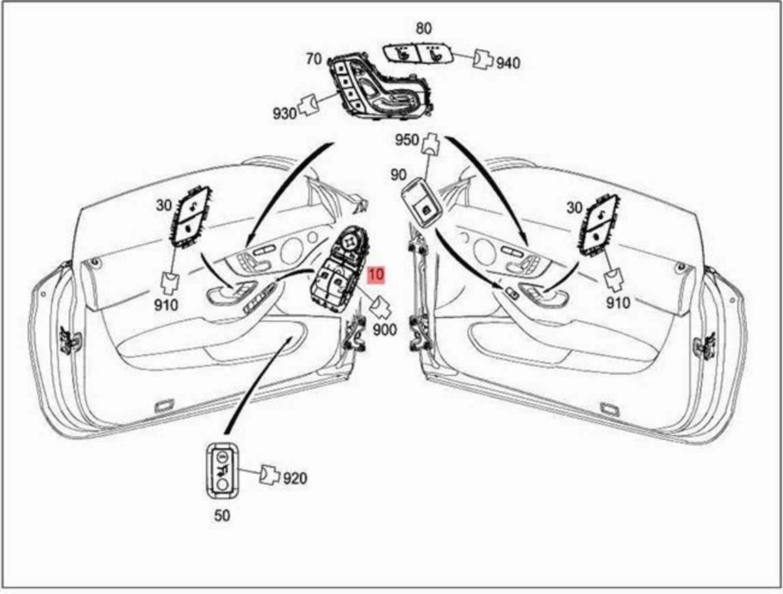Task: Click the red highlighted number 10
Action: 376,274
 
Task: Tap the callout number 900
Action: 385,330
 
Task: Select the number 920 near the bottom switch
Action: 295,479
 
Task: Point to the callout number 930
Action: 284,114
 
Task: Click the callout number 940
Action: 508,63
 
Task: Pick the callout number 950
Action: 407,140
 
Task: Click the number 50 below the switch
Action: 222,515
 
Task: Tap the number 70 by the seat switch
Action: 314,59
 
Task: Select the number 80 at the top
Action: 424,29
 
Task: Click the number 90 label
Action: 398,175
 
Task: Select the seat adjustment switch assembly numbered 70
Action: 379,89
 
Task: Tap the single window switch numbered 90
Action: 422,203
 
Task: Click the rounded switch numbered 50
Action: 222,470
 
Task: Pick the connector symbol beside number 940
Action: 483,59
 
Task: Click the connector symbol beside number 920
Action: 269,474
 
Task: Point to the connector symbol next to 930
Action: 309,105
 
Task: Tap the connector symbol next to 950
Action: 430,143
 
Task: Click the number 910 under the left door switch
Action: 166,305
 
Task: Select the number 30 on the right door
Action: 574,207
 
